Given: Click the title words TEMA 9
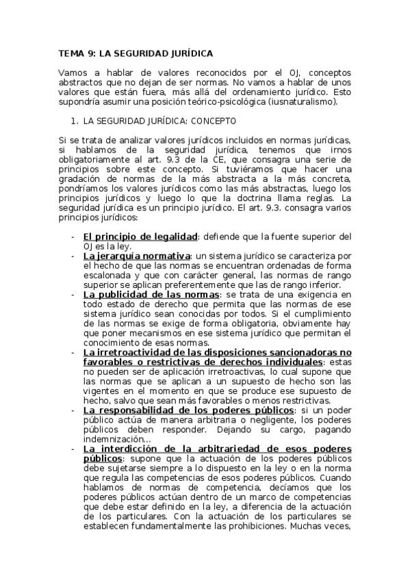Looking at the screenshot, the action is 77,52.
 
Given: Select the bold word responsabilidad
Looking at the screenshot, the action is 144,410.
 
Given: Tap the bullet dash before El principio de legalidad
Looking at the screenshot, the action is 74,236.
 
